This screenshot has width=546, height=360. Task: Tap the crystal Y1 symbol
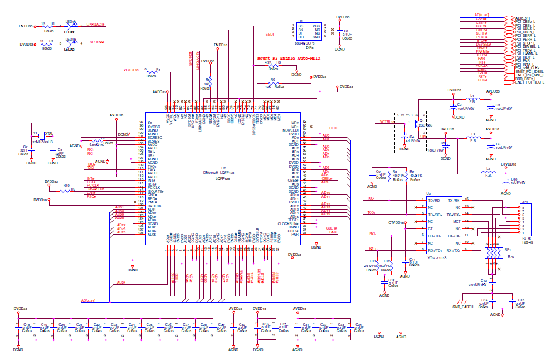click(42, 135)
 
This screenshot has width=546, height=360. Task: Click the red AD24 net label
click(121, 283)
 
